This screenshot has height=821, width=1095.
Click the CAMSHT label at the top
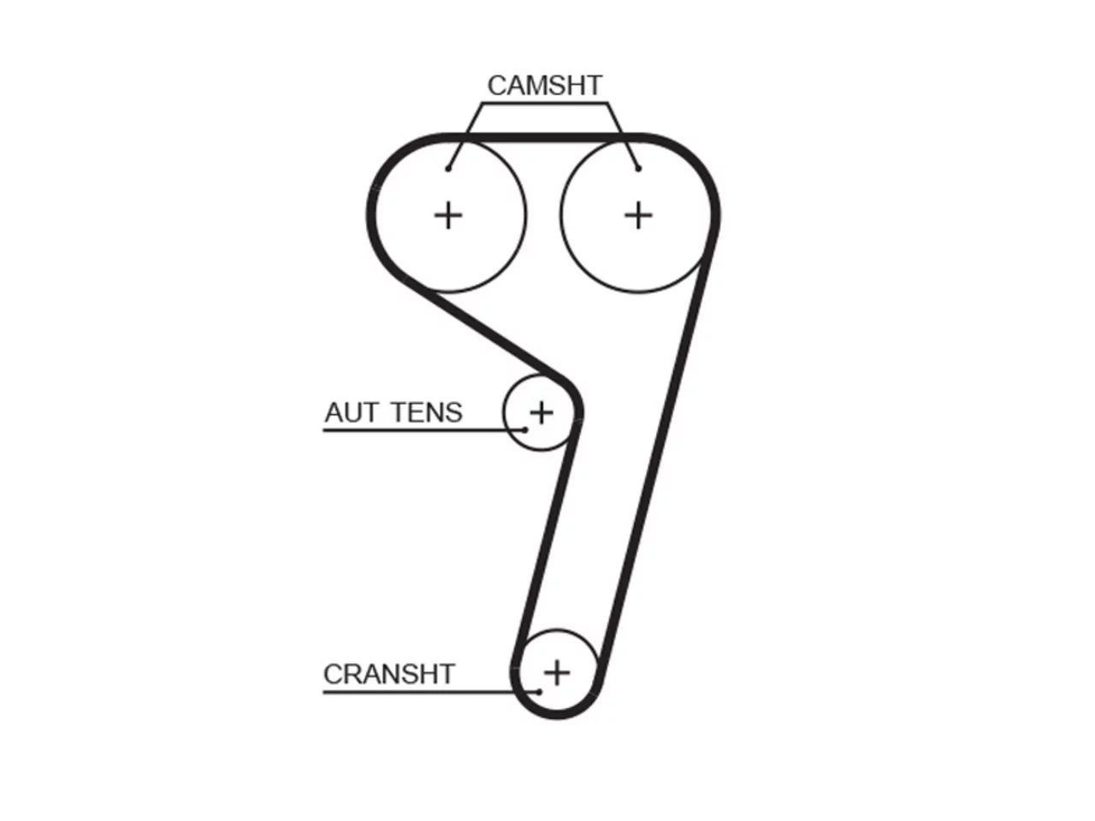point(544,86)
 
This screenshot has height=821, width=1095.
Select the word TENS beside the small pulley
point(427,412)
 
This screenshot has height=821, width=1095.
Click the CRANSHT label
point(389,674)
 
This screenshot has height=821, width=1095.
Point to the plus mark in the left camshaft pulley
point(448,216)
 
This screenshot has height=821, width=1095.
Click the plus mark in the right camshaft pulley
point(638,216)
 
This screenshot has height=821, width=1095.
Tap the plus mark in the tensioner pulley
point(542,413)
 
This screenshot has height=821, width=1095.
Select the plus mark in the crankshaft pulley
point(557,673)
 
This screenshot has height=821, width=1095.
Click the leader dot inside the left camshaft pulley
point(448,169)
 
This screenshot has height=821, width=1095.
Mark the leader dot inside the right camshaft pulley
point(638,169)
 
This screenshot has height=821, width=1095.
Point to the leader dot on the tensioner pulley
point(524,429)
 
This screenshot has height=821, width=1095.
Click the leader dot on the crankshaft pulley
point(539,691)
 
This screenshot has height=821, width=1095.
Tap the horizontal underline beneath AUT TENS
point(423,430)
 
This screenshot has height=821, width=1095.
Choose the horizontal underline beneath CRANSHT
point(430,692)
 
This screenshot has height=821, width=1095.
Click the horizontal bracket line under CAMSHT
point(544,103)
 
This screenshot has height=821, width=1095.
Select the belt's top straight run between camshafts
point(542,138)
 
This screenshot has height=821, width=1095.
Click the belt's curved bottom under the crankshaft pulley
point(557,714)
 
